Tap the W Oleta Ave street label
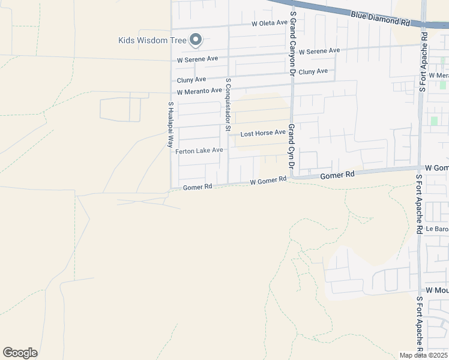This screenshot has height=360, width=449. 269,23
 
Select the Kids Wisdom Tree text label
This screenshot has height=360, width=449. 152,41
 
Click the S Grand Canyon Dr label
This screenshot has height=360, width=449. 293,38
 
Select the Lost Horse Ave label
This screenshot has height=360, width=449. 263,133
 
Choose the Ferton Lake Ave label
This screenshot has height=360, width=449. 199,151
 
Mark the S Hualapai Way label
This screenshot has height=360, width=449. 170,125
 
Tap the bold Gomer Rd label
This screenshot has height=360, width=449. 338,175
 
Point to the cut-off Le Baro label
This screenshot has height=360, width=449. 437,229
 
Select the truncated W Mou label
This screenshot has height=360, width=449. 436,290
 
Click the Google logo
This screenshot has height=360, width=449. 20,353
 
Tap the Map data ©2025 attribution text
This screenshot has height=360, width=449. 424,355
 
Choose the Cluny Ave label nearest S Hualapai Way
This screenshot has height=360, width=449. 191,80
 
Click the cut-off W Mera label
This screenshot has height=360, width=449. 438,76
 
